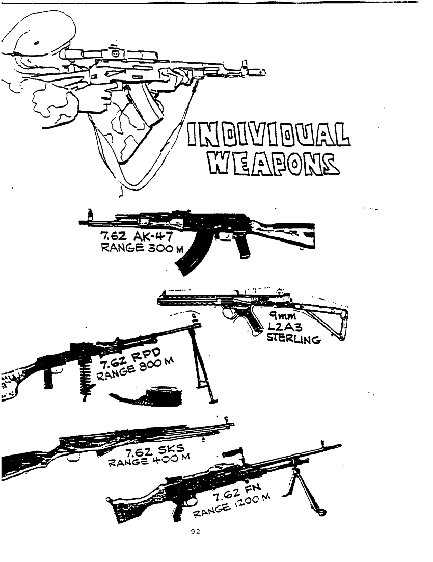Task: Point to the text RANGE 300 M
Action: pos(142,248)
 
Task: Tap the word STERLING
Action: pos(293,338)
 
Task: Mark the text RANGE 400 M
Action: pos(149,460)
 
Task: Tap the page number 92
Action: pos(196,532)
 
